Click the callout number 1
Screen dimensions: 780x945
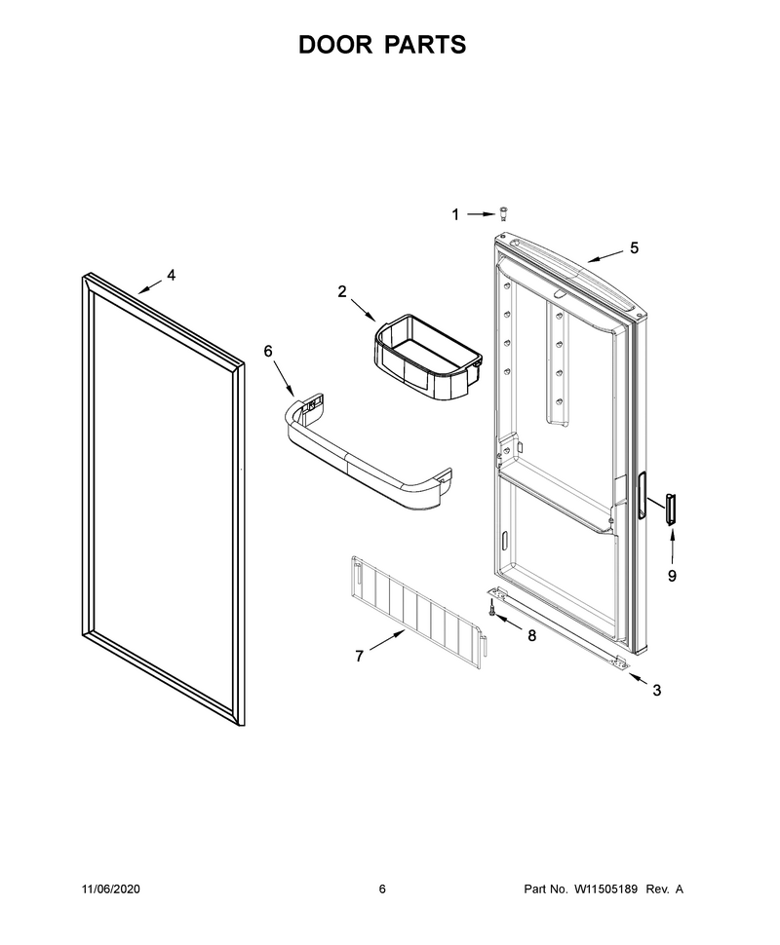click(455, 214)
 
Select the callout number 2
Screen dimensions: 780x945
click(342, 291)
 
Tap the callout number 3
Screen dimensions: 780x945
click(657, 691)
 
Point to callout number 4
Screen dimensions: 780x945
click(172, 275)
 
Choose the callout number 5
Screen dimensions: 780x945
click(634, 247)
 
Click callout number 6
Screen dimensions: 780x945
click(268, 351)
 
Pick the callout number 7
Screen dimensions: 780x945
click(359, 657)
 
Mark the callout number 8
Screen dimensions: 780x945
click(531, 636)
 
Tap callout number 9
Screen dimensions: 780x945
click(672, 576)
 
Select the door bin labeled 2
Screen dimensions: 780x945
click(427, 357)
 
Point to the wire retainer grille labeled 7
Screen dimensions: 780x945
click(419, 612)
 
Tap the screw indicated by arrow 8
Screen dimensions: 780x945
click(492, 610)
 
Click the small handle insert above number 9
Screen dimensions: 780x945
click(670, 509)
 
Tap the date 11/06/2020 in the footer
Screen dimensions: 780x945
click(110, 888)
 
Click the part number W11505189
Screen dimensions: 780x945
click(605, 888)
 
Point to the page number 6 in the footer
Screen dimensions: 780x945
click(382, 888)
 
